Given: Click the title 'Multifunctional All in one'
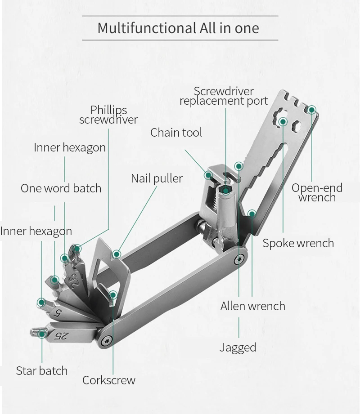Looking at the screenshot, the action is [178, 28].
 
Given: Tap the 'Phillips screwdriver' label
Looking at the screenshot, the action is [108, 115].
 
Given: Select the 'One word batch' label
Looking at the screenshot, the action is [61, 188].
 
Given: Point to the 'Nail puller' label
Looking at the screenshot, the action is [157, 178].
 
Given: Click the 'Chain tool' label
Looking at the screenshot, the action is [176, 132].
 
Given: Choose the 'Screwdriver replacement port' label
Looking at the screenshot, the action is [224, 96].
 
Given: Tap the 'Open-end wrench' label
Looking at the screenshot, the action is [317, 192].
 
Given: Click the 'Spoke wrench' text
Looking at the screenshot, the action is [298, 243].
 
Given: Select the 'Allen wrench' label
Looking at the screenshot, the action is [252, 306].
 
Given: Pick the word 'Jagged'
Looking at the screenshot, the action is [238, 347].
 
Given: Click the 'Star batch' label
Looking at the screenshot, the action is [41, 371].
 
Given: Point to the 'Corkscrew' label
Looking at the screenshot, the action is [108, 380].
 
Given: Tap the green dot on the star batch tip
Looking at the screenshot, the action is [42, 334].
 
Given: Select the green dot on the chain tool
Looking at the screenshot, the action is [209, 174].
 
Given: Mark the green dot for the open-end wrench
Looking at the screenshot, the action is [311, 109].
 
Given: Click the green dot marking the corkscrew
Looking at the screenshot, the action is [113, 295].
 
